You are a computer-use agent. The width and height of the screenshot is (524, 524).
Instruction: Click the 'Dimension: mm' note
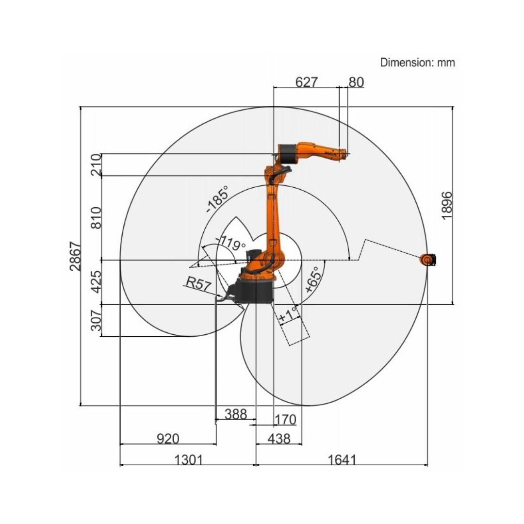pos(417,63)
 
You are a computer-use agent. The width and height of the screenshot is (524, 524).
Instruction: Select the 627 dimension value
pos(307,82)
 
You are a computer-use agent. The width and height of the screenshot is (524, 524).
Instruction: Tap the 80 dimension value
pos(356,82)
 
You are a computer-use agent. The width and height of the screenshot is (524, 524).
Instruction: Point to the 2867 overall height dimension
pos(76,256)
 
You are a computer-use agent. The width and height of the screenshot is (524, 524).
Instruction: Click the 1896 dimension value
pos(447,206)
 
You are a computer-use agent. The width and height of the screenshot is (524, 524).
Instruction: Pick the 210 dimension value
pos(96,165)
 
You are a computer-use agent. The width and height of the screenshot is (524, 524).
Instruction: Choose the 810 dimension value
pos(96,218)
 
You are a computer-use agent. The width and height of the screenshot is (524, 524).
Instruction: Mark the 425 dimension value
pos(96,282)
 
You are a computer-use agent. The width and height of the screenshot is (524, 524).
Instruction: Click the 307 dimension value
pos(96,320)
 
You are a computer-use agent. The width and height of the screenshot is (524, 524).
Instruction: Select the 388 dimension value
pos(236,414)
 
